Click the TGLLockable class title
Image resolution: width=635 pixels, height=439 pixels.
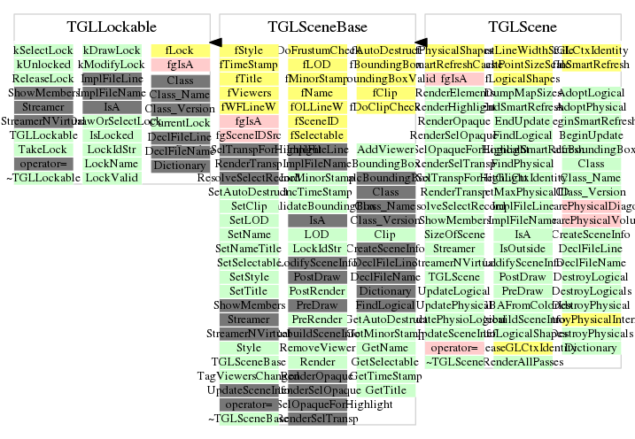[x=112, y=27]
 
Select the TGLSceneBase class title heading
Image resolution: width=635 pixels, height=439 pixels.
[x=317, y=27]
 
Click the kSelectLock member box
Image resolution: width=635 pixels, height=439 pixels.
[x=43, y=51]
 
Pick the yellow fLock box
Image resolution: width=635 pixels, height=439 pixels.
[x=180, y=51]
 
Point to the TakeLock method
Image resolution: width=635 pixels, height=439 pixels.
[x=43, y=150]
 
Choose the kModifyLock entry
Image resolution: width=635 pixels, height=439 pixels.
[x=112, y=65]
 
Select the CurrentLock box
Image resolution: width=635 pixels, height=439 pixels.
[x=180, y=122]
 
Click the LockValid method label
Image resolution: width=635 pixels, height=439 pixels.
[x=112, y=178]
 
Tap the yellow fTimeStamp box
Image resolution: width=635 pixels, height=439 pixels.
[x=248, y=65]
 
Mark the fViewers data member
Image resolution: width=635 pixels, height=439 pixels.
[x=248, y=93]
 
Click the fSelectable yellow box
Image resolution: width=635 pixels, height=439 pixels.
[x=316, y=135]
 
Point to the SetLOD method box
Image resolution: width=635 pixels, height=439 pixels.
[x=248, y=220]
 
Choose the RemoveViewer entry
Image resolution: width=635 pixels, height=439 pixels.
[x=316, y=348]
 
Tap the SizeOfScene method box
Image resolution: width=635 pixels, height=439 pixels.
[x=454, y=235]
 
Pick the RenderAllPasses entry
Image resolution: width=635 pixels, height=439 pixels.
[x=523, y=362]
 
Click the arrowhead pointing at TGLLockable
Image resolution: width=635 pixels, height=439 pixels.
[x=215, y=42]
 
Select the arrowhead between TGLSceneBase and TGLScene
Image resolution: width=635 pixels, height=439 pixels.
[x=422, y=42]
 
